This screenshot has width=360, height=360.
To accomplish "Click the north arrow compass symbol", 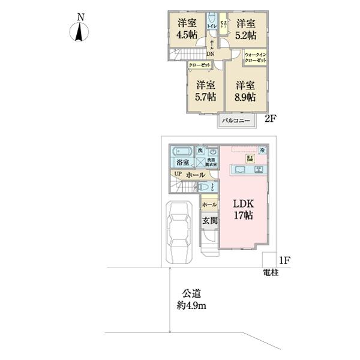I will (x=79, y=31).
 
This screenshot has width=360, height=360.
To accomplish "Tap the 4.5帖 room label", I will (x=186, y=29).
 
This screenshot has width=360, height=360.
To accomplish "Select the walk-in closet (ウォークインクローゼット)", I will (x=256, y=59).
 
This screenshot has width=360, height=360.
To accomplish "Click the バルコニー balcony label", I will (x=236, y=121).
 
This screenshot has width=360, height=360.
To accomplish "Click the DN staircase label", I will (x=211, y=53).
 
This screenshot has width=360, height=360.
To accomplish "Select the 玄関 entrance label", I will (x=209, y=220).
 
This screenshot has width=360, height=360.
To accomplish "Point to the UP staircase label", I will (x=177, y=174).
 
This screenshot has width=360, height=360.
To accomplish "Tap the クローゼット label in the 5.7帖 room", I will (x=200, y=64).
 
